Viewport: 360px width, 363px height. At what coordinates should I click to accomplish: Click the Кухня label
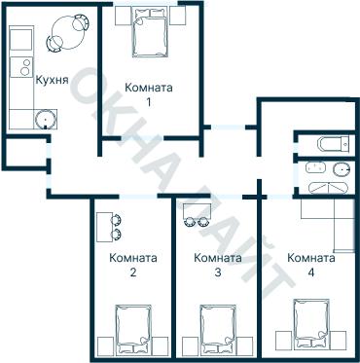(x=52, y=80)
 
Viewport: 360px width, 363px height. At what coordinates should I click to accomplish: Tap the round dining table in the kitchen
(x=68, y=32)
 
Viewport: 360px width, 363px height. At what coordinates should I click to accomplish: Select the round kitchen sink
(x=46, y=119)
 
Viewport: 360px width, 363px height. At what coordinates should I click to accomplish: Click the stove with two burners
(x=21, y=67)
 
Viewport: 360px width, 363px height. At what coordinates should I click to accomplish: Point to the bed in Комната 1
(x=150, y=33)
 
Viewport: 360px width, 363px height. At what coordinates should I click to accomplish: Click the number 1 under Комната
(x=149, y=102)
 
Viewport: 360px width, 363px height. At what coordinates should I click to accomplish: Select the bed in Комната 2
(x=134, y=329)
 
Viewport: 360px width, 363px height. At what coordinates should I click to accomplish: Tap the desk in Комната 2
(x=105, y=227)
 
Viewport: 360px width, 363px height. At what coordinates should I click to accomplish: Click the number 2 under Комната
(x=133, y=272)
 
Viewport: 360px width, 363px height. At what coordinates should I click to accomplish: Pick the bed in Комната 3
(x=218, y=329)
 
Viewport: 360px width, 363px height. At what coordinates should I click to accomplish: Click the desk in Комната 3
(x=197, y=210)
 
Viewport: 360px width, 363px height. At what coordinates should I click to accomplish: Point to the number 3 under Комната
(x=218, y=272)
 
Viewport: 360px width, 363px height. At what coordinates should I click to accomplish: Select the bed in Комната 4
(x=312, y=324)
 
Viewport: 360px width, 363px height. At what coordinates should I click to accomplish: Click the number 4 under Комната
(x=311, y=272)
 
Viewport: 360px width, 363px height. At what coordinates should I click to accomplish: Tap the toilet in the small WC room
(x=334, y=142)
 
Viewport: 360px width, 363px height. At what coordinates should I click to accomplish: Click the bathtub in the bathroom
(x=329, y=188)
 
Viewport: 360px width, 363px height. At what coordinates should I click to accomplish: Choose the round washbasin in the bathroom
(x=342, y=169)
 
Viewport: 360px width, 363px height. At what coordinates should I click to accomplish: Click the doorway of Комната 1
(x=142, y=138)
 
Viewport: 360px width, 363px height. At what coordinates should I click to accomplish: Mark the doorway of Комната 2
(x=138, y=196)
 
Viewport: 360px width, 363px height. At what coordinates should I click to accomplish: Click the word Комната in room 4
(x=311, y=258)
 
